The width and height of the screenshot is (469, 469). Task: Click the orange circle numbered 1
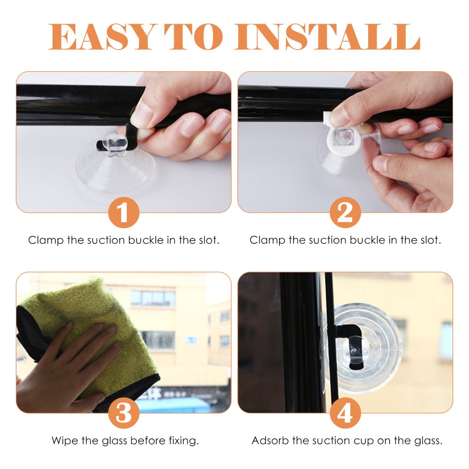tap(123, 212)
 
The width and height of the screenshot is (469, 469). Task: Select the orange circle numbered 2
tap(345, 212)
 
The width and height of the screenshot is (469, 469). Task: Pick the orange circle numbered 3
tap(123, 413)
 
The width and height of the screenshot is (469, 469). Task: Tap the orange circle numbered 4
tap(345, 413)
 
